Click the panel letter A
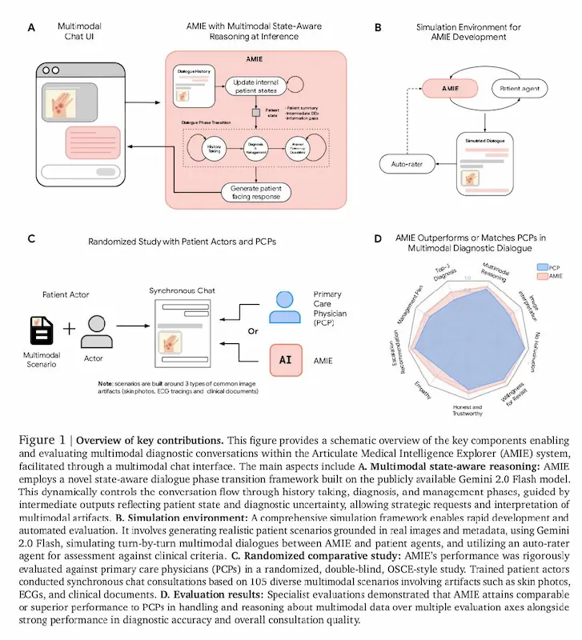(31, 27)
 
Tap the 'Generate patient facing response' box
(255, 192)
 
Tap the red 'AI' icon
(284, 359)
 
